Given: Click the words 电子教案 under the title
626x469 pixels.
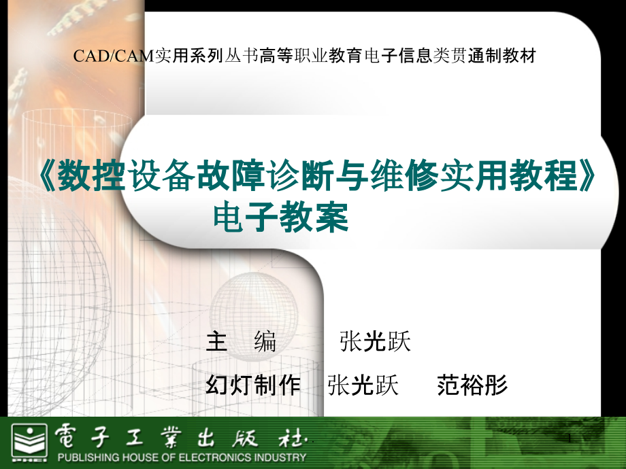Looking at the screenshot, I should [x=281, y=219].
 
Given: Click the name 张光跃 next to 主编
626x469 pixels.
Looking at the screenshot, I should [x=375, y=342].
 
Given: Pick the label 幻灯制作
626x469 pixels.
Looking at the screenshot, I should [x=252, y=385].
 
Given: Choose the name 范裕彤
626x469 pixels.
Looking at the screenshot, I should [x=472, y=385].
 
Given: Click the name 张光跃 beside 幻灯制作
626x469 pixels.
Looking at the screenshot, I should [x=363, y=385].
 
